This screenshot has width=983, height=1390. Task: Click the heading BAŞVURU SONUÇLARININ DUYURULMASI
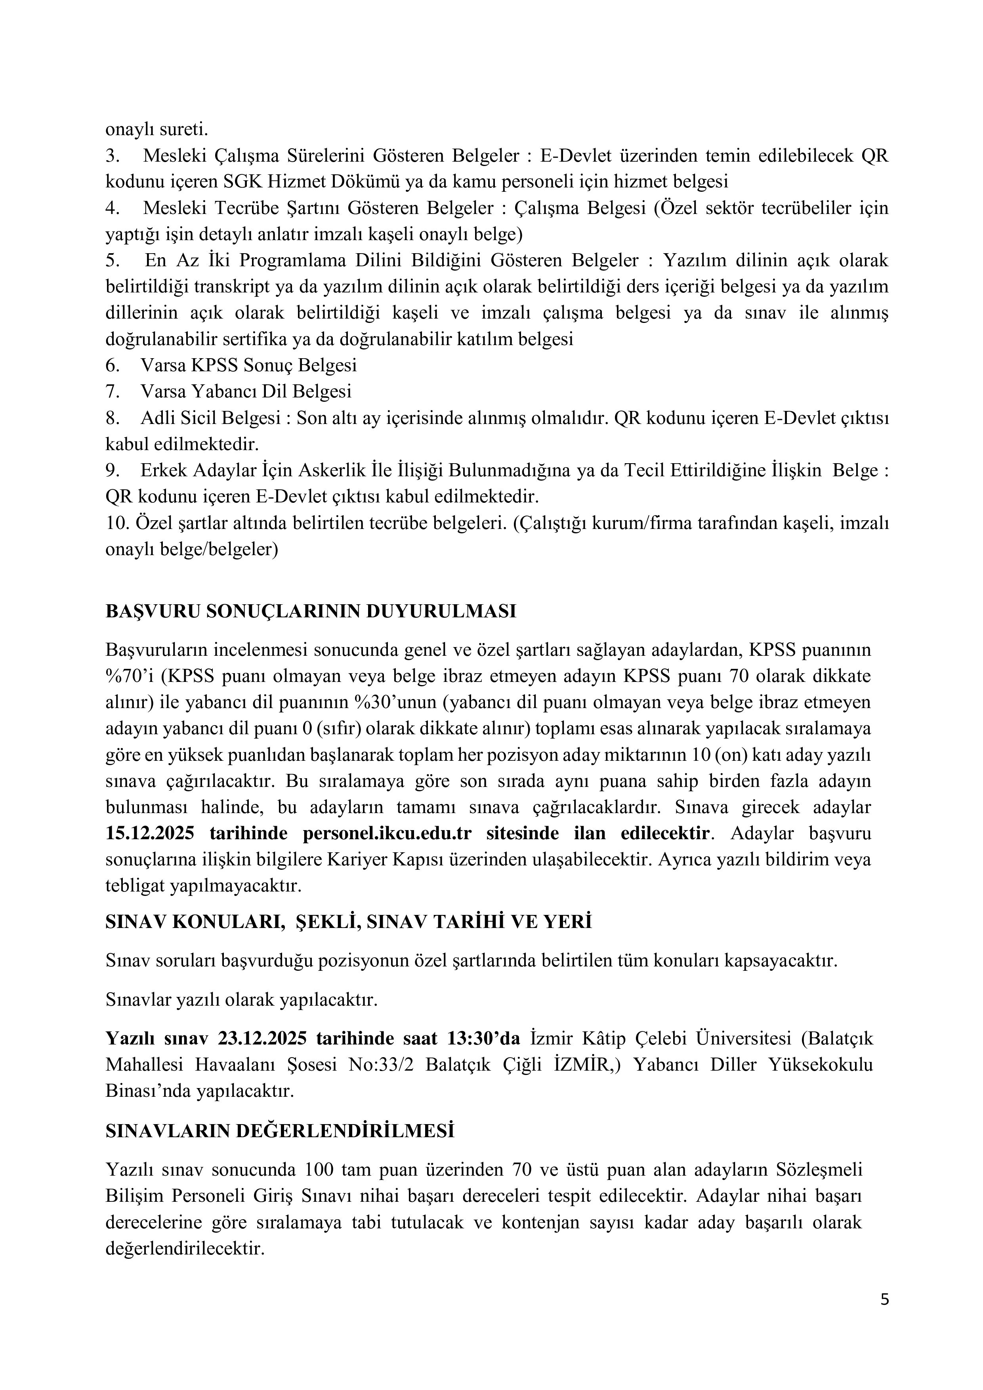[x=311, y=611]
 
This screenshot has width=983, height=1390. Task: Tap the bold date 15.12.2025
[x=150, y=833]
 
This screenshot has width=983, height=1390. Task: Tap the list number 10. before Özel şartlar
[x=115, y=523]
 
